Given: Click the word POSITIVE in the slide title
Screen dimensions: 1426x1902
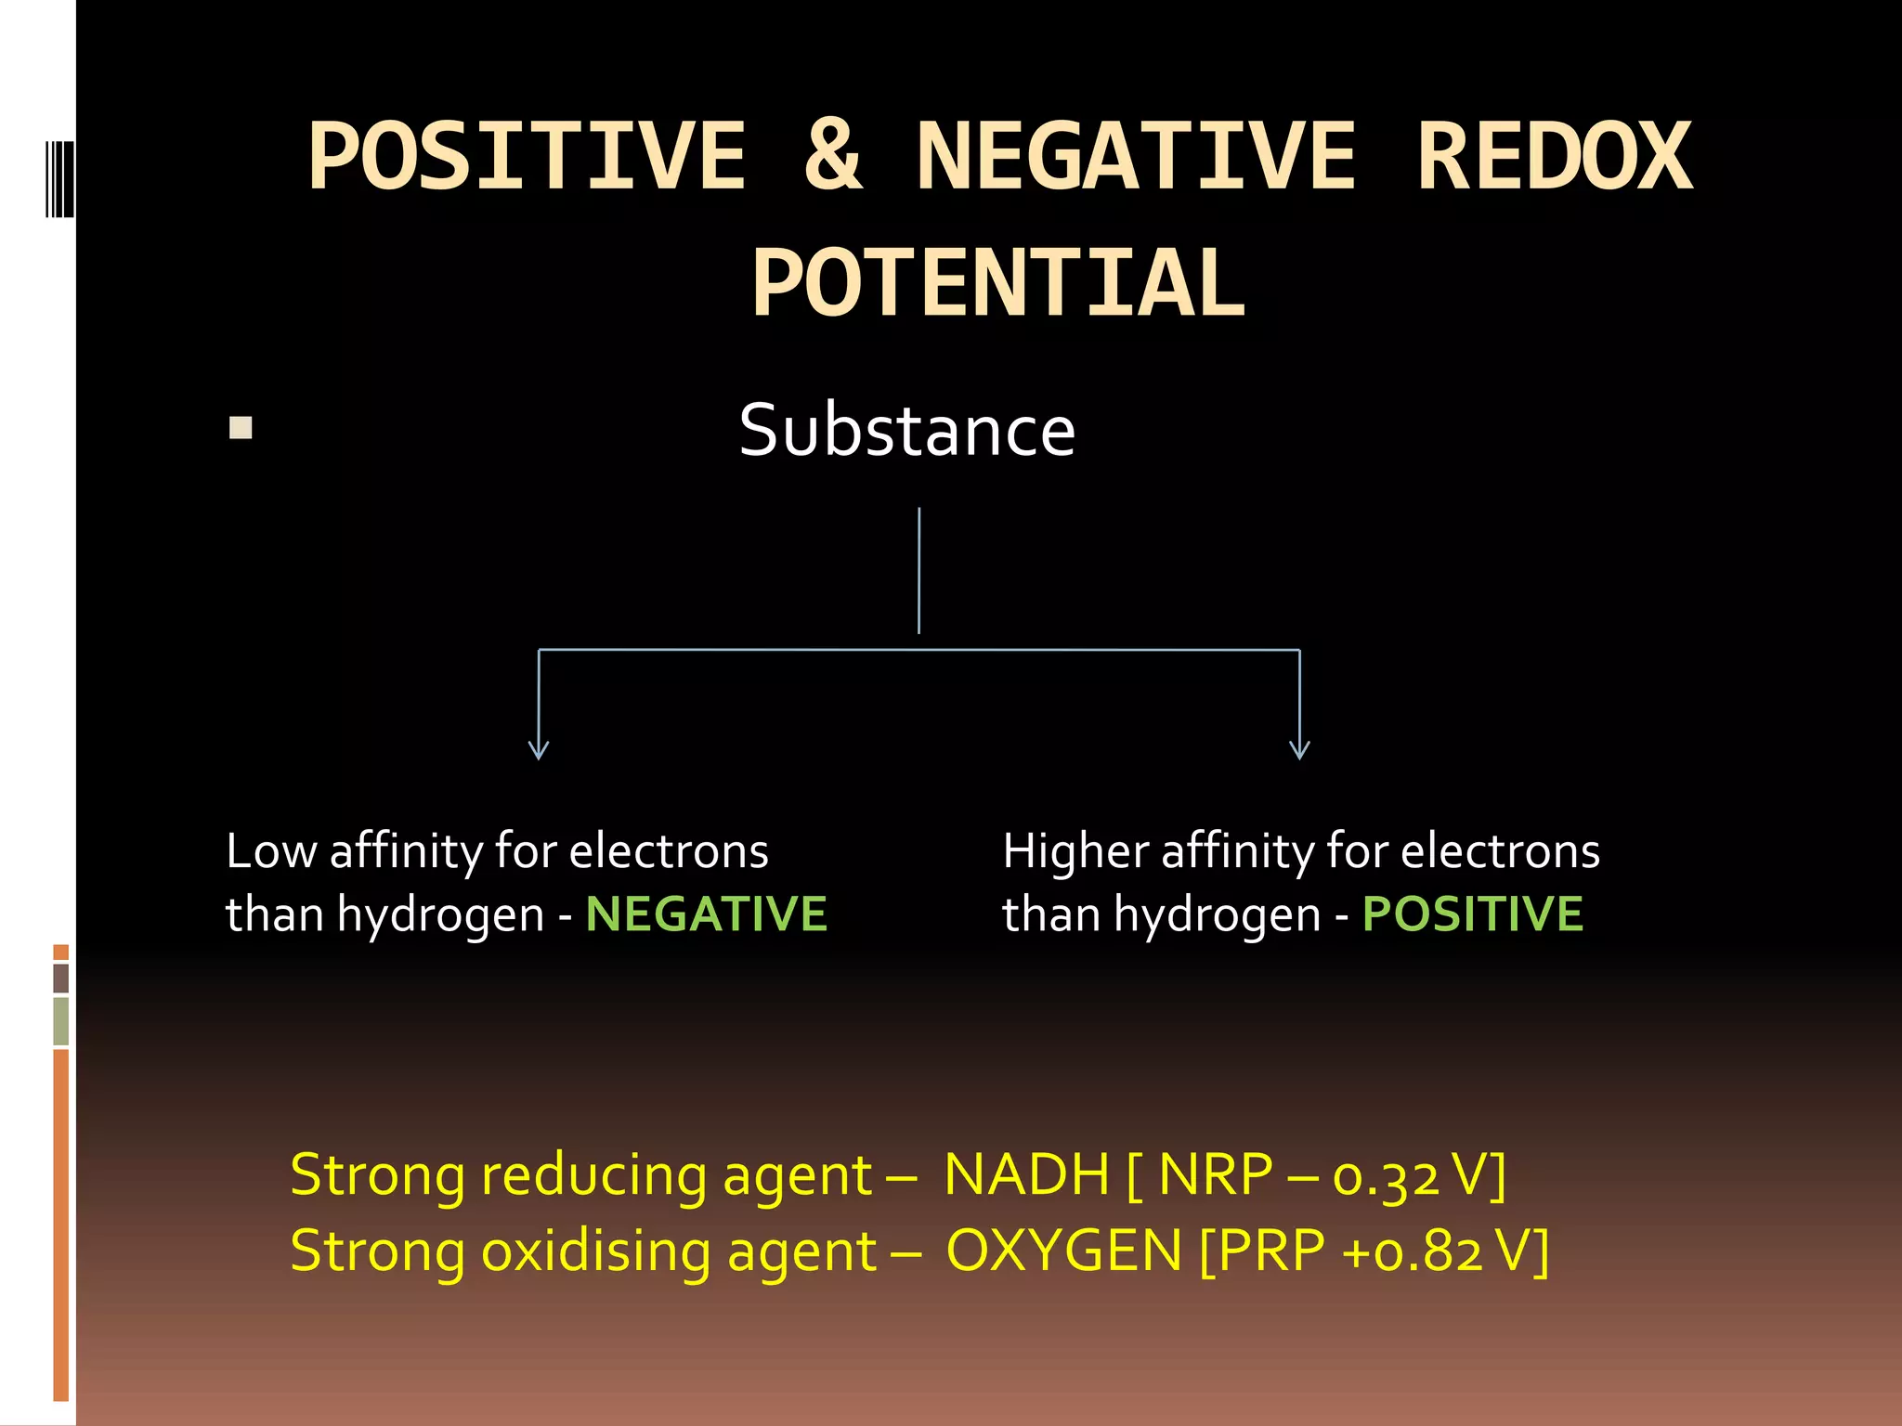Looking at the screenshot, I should [x=527, y=157].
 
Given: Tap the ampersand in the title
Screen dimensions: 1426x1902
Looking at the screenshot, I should [x=832, y=157].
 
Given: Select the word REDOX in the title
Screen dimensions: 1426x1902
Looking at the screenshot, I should [x=1554, y=157].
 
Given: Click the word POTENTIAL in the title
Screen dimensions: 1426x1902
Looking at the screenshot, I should [x=998, y=284].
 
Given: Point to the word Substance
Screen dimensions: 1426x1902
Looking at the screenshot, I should [x=907, y=431].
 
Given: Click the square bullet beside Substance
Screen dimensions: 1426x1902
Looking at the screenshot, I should [x=241, y=428].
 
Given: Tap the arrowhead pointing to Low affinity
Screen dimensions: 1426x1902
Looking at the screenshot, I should [x=539, y=750].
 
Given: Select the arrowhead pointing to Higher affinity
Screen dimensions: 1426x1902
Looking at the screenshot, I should [x=1299, y=750].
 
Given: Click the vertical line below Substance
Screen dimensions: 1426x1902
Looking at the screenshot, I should [x=918, y=570].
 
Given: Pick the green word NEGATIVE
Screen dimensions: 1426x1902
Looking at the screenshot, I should [x=706, y=914].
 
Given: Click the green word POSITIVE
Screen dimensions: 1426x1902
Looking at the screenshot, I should [x=1472, y=914].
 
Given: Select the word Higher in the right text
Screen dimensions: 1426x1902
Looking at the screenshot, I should [x=1075, y=851].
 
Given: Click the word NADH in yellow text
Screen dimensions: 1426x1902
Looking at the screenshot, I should [x=1026, y=1175].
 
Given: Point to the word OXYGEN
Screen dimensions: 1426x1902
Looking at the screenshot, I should [x=1063, y=1251].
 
